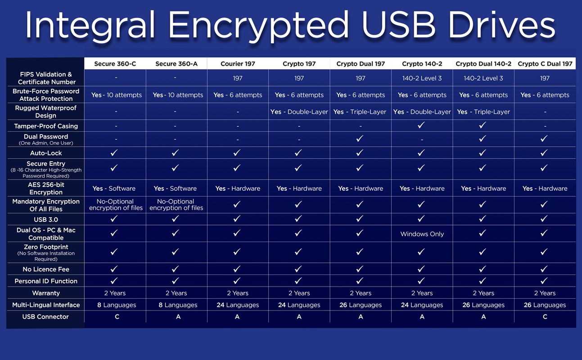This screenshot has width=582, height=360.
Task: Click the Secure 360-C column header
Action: click(x=115, y=64)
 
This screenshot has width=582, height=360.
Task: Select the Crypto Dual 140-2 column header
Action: click(x=483, y=64)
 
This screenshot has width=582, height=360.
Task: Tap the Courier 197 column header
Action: click(x=238, y=64)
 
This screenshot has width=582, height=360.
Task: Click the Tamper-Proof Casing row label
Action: click(x=46, y=126)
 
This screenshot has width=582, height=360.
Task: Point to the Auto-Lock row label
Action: click(x=46, y=153)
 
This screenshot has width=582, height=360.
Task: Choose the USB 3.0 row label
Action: click(x=46, y=220)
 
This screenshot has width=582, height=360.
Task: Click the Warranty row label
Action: click(x=46, y=293)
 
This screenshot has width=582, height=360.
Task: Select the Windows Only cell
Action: click(x=422, y=234)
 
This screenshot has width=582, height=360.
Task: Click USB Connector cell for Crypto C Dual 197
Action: click(x=545, y=317)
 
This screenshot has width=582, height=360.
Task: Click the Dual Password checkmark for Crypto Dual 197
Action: click(x=360, y=139)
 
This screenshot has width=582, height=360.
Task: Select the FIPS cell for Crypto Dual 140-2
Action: click(x=483, y=78)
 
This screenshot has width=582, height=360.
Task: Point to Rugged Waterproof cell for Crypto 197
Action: click(x=299, y=112)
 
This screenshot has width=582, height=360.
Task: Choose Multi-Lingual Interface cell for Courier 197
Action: click(x=238, y=305)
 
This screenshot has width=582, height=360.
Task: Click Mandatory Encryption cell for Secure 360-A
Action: click(x=176, y=205)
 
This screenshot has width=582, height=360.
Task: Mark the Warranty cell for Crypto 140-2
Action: click(x=422, y=293)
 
